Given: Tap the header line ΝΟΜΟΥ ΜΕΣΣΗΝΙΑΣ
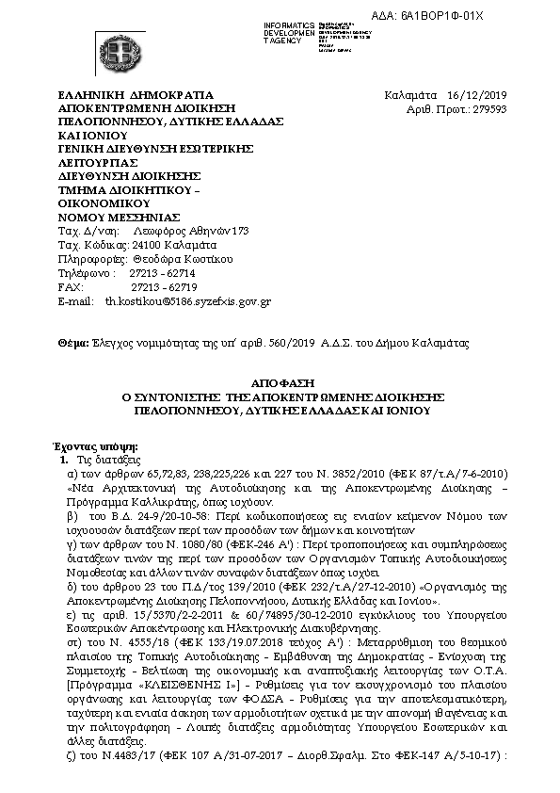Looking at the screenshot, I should click(x=119, y=217).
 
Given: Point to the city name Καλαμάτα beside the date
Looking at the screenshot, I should click(x=412, y=95).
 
